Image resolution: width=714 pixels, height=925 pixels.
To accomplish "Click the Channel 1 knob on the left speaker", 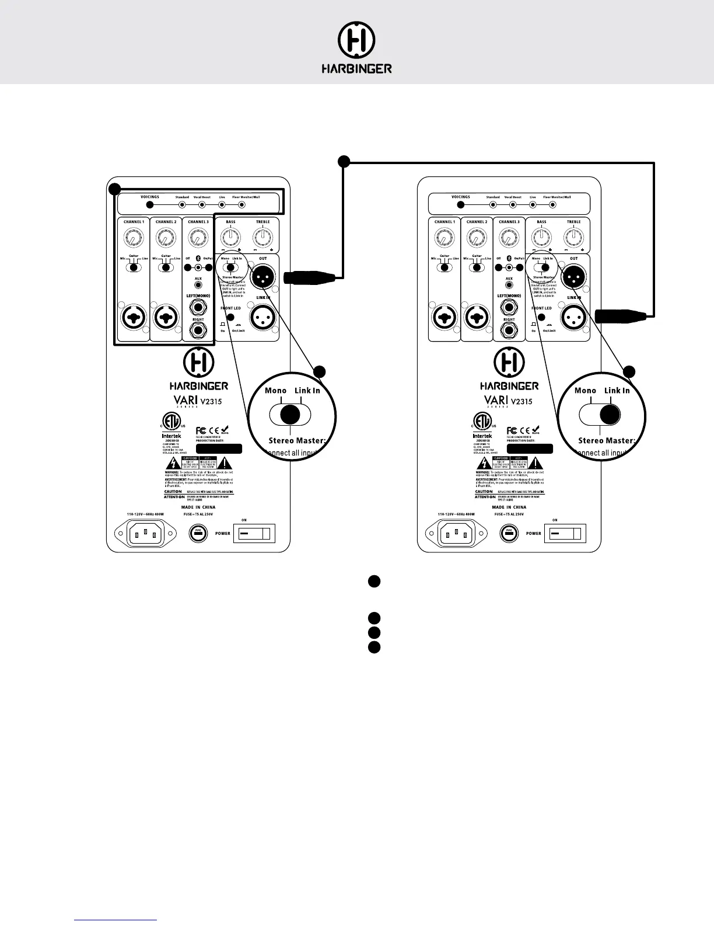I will coord(134,238).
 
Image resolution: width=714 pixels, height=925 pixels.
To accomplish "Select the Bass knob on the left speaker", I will coord(230,237).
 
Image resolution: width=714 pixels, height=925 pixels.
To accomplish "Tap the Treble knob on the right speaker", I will coord(573,237).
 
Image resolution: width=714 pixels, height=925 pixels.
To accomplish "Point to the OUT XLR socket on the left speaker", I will coord(262,274).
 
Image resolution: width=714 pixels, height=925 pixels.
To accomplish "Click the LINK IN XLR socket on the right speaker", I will coord(573,318).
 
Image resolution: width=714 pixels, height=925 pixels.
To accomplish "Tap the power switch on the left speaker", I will coord(254,533).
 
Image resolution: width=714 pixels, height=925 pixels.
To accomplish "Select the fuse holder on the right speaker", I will coord(509,533).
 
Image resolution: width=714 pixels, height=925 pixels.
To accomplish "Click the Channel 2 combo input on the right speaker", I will coord(477,318).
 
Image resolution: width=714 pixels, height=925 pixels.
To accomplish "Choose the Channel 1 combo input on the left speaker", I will coord(134,318).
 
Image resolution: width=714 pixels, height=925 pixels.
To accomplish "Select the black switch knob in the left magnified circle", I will coord(290,415).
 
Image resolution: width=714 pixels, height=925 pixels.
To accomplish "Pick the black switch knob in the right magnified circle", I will coord(610,415).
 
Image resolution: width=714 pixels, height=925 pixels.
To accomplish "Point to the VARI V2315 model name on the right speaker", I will coord(508,401).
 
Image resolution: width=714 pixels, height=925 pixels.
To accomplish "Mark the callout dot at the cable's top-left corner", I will coord(344,161).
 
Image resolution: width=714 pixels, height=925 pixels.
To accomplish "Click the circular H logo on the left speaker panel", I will coord(198,362).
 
